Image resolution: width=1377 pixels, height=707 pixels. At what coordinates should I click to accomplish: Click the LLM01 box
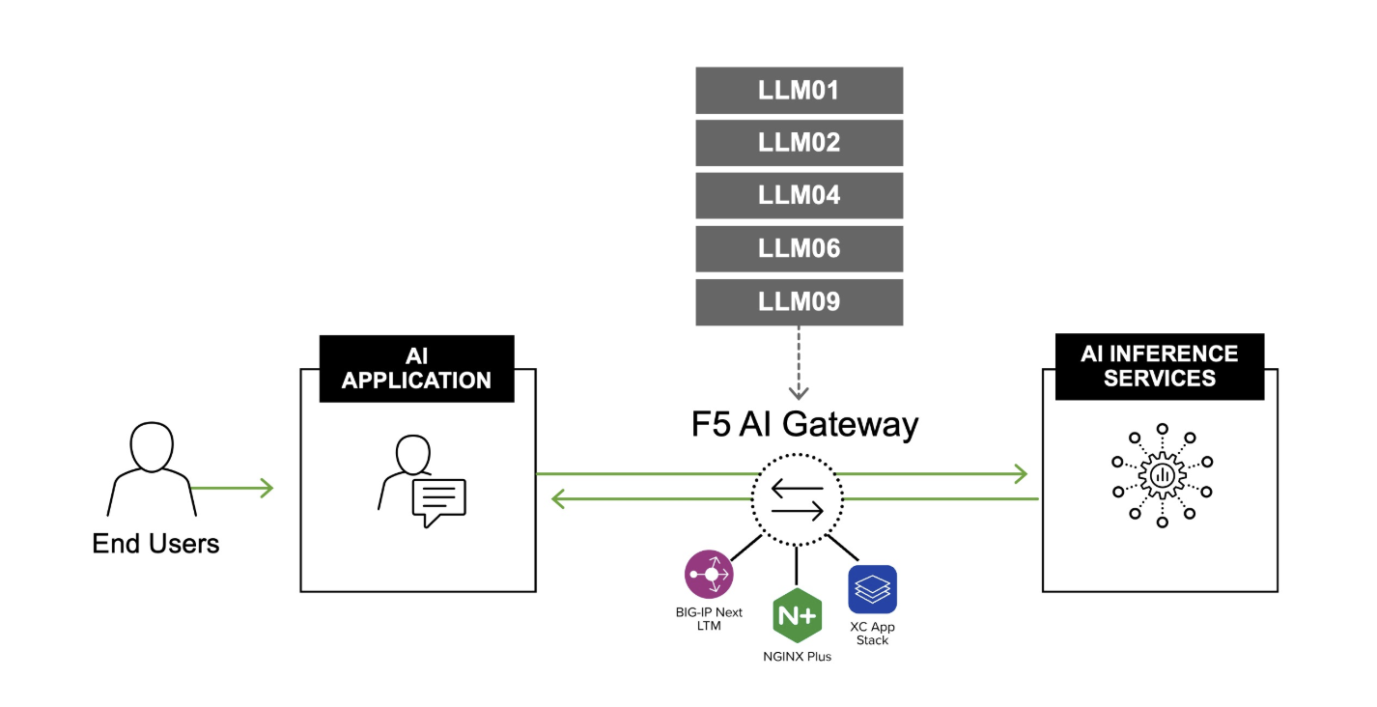click(x=799, y=91)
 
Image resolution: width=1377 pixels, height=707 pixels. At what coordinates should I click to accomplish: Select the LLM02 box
click(x=799, y=143)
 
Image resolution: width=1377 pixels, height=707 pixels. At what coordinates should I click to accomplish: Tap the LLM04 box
click(x=799, y=196)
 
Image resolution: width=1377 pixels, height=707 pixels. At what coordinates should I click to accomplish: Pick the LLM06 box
click(x=799, y=249)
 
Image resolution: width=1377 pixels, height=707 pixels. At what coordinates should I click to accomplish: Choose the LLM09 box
click(x=799, y=302)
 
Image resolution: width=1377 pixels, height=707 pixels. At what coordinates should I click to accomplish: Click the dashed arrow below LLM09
click(x=799, y=362)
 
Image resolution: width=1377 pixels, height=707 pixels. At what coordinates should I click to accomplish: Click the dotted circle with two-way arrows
click(x=798, y=498)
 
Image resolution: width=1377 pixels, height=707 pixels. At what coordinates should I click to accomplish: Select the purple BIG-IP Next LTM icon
click(x=709, y=575)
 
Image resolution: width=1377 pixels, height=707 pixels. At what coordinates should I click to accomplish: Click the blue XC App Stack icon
click(x=872, y=589)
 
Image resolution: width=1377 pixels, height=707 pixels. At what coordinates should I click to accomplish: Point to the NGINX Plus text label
click(x=797, y=657)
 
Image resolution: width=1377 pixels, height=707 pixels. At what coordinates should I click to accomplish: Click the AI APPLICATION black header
click(x=416, y=368)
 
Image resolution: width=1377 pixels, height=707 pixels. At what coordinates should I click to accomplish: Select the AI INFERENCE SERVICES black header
click(x=1159, y=367)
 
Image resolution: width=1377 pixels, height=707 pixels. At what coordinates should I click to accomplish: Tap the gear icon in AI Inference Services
click(x=1162, y=475)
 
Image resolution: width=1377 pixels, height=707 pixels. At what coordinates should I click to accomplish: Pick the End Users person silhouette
click(x=152, y=468)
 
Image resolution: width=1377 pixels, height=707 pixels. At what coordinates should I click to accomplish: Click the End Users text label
click(x=155, y=544)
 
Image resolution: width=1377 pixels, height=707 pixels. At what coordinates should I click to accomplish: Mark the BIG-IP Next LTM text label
click(x=710, y=619)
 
